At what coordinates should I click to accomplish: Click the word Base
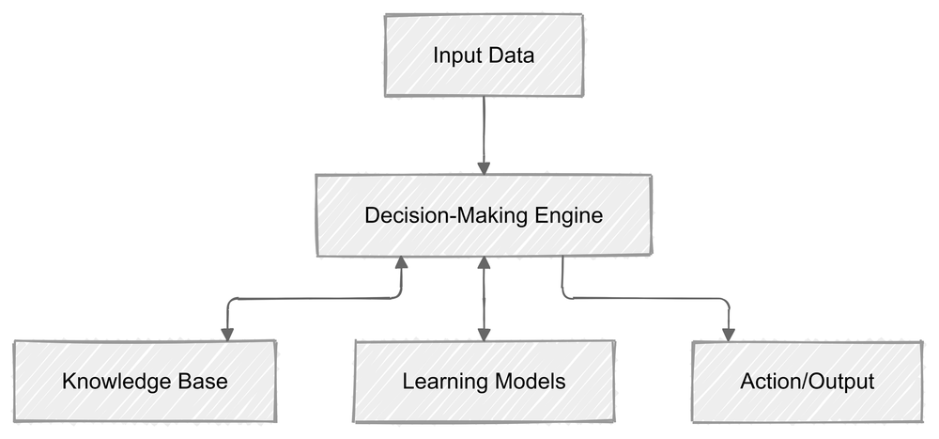point(205,382)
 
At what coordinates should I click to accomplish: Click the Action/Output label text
point(807,382)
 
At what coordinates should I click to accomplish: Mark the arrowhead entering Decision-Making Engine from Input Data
point(484,167)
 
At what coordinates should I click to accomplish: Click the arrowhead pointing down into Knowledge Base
point(225,333)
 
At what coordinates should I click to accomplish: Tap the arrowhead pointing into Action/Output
point(728,334)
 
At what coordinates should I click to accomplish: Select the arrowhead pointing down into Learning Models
point(484,333)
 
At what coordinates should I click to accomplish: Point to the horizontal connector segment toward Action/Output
point(648,299)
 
